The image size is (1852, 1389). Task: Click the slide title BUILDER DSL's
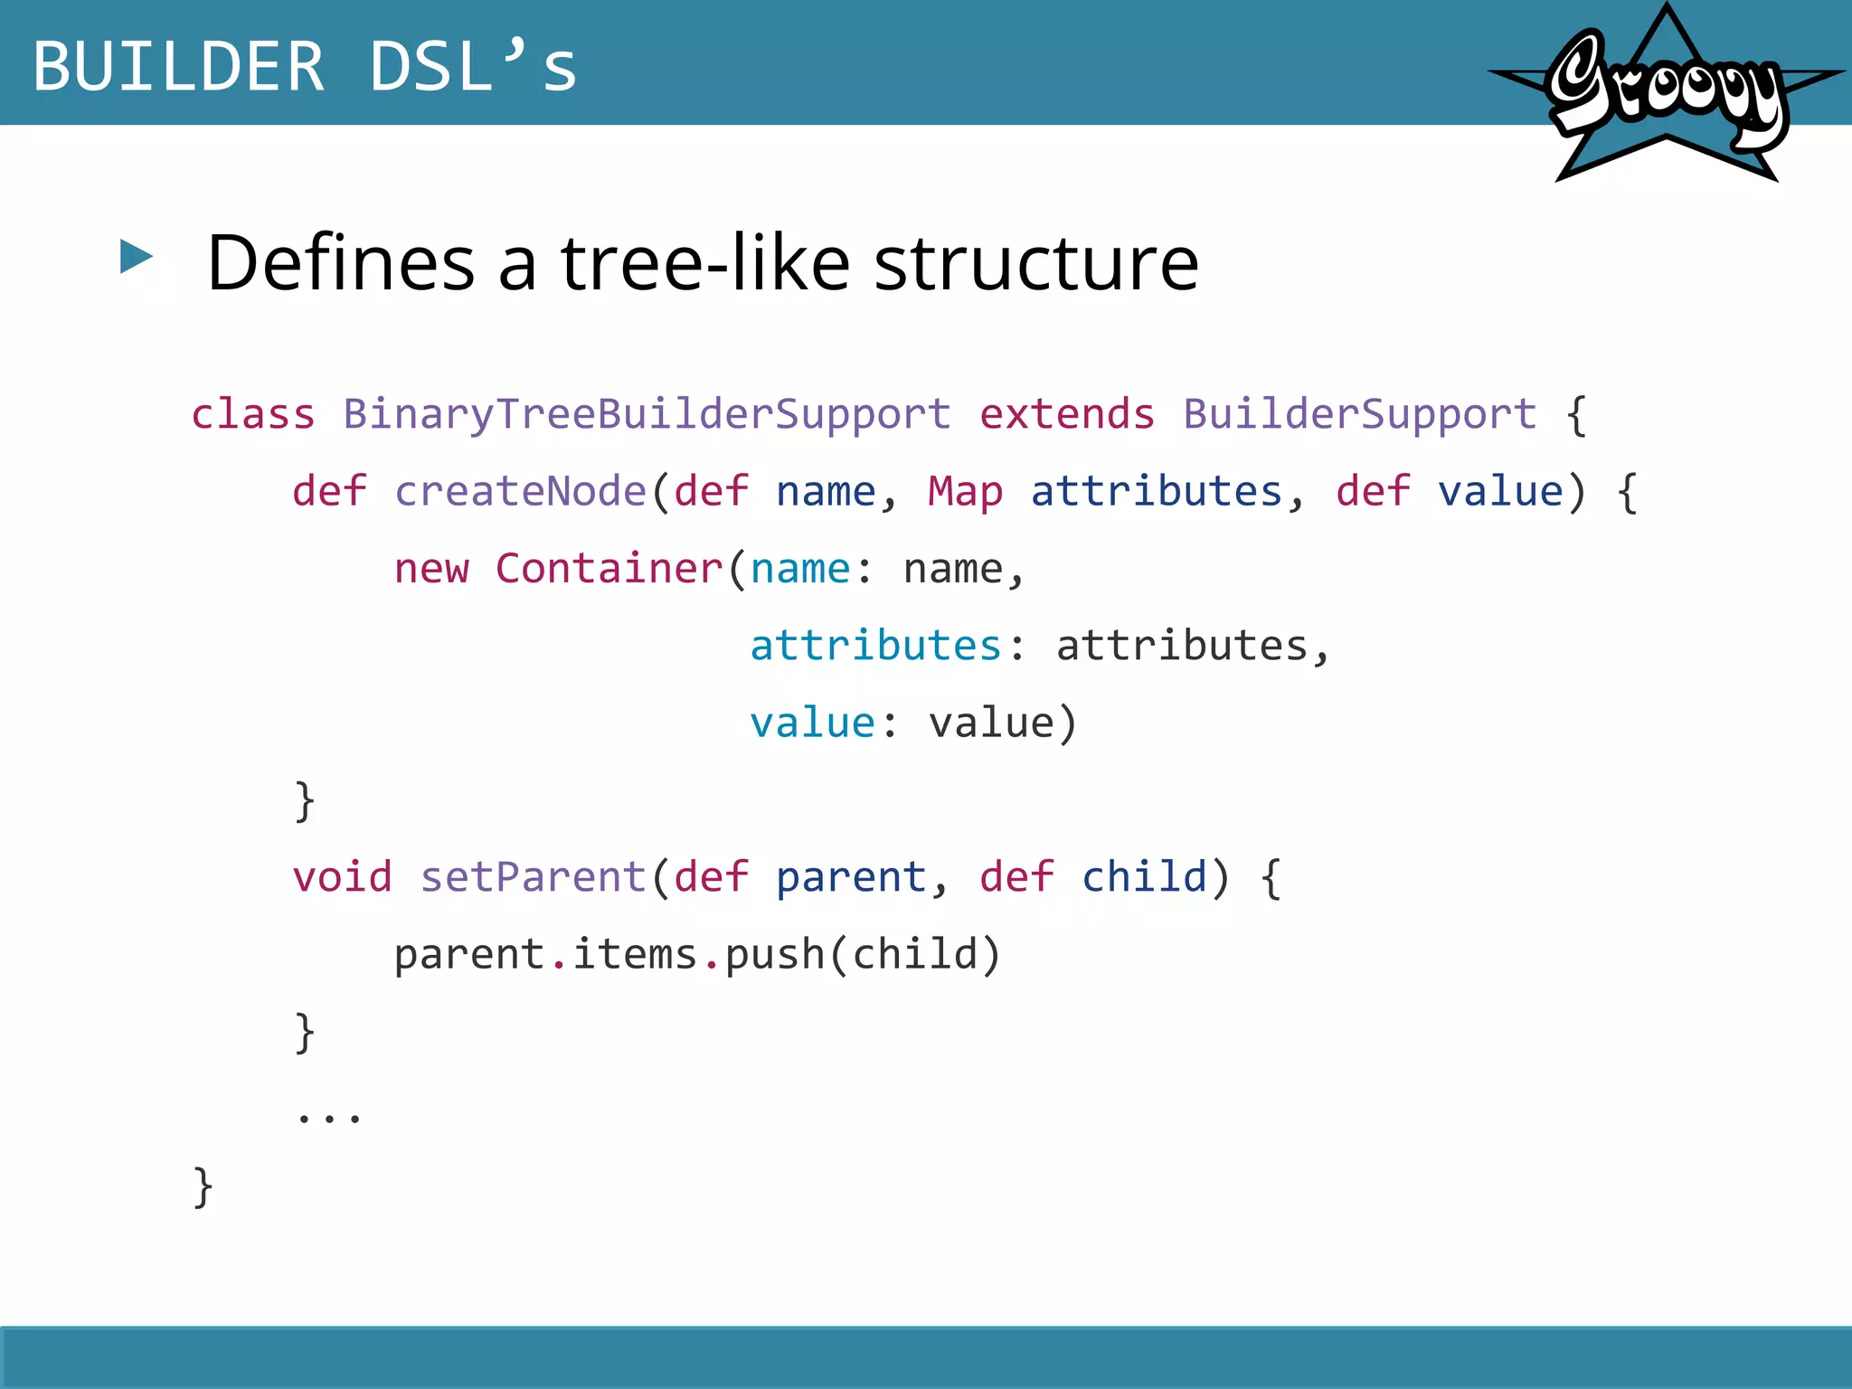point(305,67)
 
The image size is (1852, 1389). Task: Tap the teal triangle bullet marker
point(136,257)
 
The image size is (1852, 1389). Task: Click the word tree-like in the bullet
point(705,263)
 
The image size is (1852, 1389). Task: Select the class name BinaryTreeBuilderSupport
point(647,415)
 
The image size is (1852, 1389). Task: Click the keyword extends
point(1067,415)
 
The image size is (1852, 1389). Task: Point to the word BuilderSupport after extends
point(1359,415)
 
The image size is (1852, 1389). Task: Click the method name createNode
point(520,492)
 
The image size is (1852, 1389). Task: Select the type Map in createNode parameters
point(965,492)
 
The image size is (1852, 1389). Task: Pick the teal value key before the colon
point(812,723)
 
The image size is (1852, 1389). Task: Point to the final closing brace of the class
point(203,1187)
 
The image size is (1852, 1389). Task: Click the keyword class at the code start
point(253,415)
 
